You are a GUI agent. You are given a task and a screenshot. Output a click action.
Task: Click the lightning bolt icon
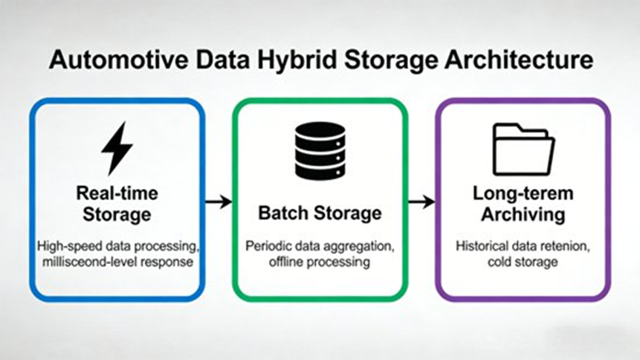point(117,148)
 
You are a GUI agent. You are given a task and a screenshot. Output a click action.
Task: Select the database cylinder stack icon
point(320,150)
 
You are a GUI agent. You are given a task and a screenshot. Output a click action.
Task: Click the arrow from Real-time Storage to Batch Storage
point(219,202)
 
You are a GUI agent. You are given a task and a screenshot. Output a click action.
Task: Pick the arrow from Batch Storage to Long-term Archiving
point(421,202)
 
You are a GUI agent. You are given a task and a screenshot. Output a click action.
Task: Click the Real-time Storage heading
point(117,204)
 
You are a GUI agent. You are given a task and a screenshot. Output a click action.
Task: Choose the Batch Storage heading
point(320,213)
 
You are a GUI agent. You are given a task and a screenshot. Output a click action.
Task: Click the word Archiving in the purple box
point(523,215)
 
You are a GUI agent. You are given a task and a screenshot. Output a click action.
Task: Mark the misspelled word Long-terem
point(523,193)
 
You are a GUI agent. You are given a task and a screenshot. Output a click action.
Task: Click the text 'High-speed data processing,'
point(117,246)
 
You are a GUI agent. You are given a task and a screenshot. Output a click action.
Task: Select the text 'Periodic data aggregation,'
point(320,246)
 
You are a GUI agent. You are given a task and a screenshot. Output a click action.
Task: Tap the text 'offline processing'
point(320,262)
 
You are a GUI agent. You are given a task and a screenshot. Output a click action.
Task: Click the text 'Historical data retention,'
point(523,246)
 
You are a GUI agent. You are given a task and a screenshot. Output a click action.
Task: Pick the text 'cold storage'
point(523,262)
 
